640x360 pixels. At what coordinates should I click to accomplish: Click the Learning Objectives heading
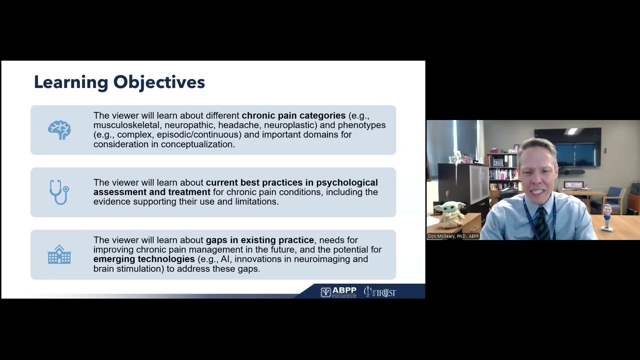(x=119, y=82)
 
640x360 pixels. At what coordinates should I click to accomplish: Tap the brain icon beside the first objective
(x=59, y=130)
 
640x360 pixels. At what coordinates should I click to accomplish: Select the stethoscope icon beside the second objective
(x=59, y=192)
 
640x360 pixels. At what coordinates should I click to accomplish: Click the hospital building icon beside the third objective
(x=59, y=254)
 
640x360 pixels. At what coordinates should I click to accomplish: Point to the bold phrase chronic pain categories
(x=293, y=115)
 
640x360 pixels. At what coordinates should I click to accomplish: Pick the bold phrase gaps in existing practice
(x=259, y=240)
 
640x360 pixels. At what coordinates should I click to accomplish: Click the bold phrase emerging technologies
(x=144, y=259)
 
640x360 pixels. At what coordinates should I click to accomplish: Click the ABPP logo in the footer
(x=338, y=292)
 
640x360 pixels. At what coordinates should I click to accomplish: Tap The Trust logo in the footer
(x=380, y=292)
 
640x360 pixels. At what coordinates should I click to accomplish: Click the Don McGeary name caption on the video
(x=453, y=236)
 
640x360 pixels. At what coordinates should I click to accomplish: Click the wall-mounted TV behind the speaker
(x=567, y=146)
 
